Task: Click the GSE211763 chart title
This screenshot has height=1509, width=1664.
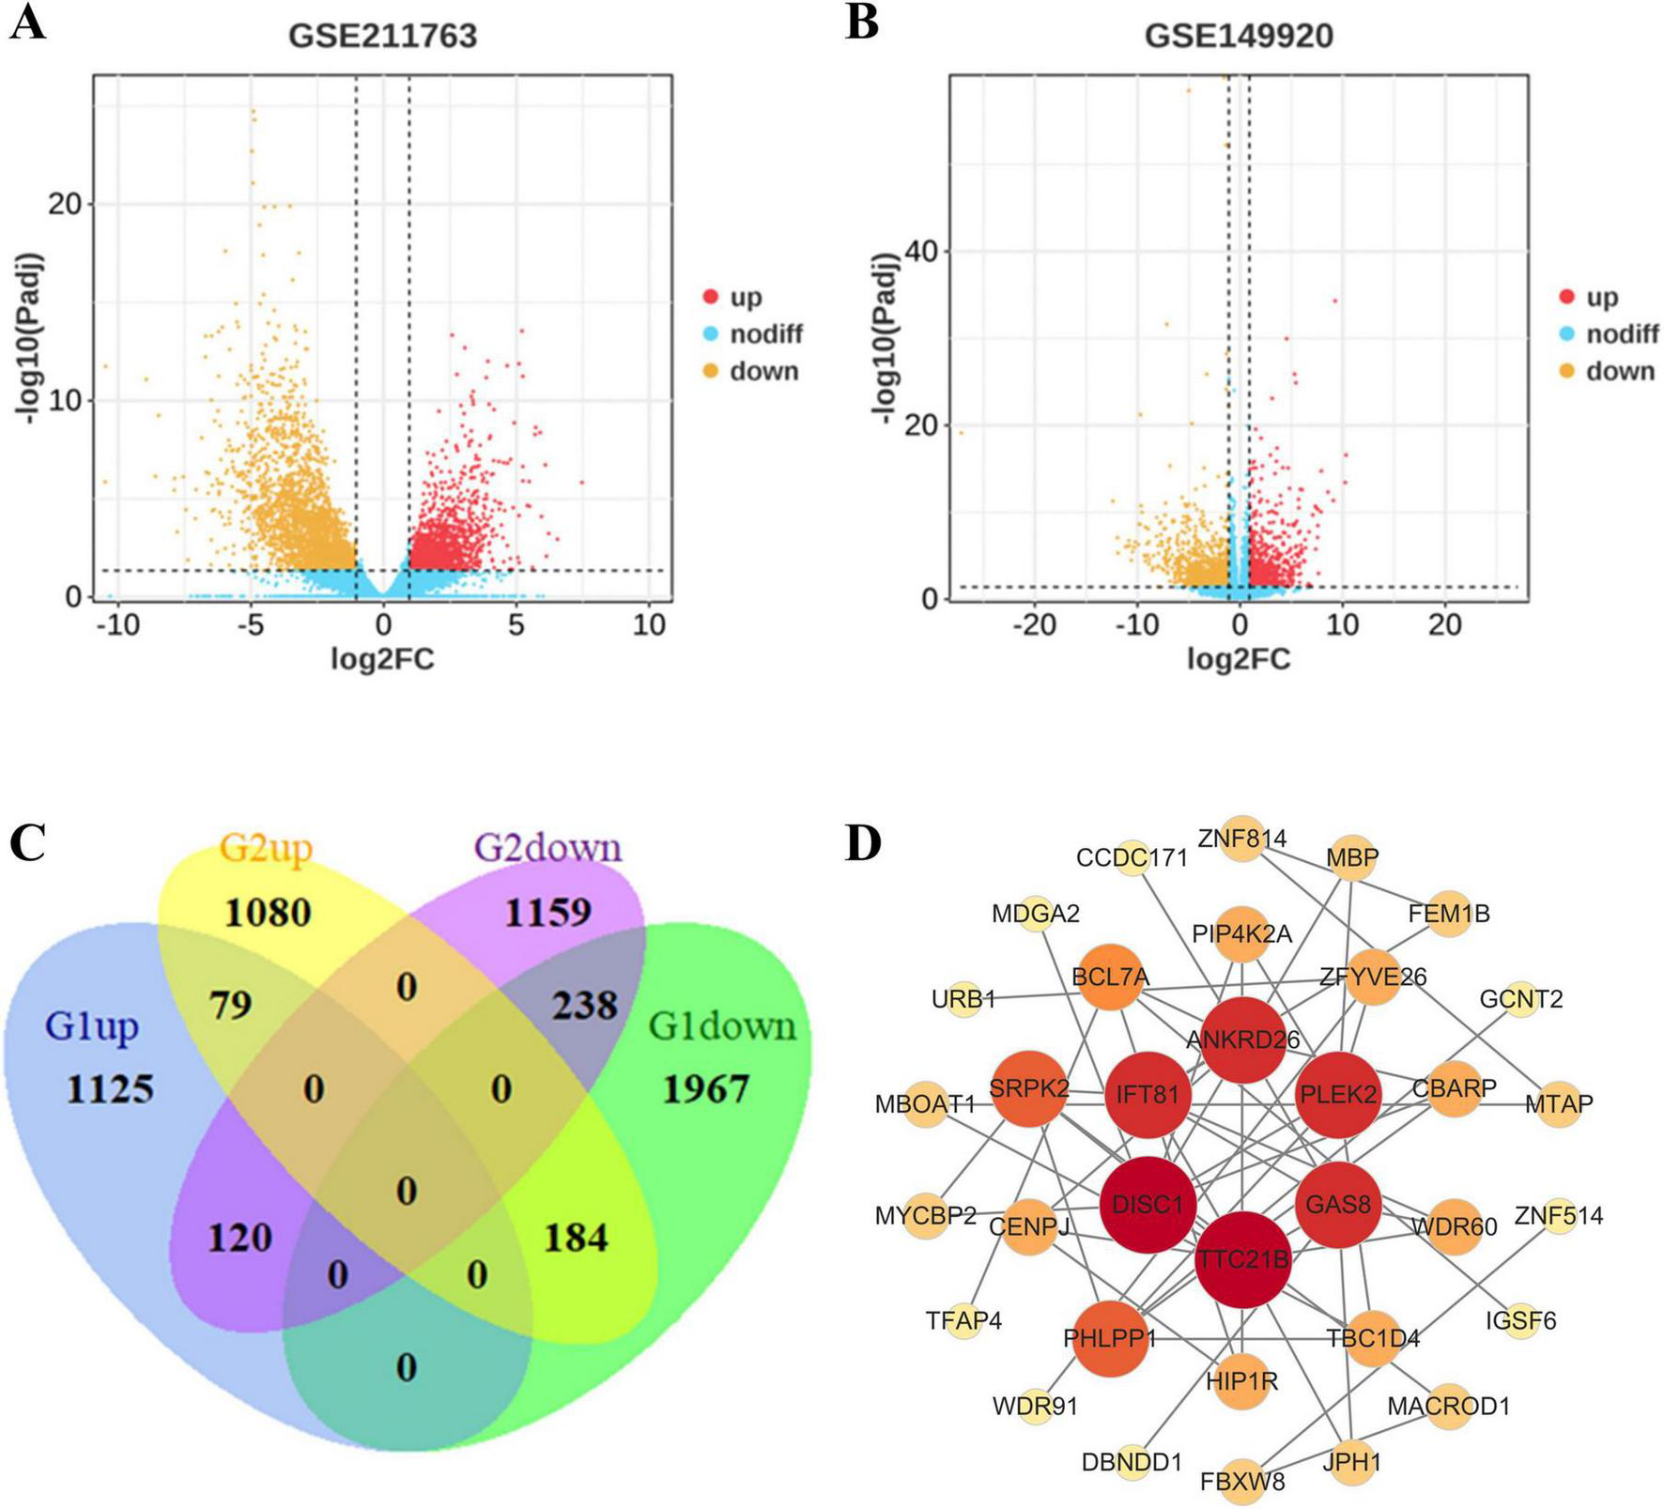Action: coord(382,36)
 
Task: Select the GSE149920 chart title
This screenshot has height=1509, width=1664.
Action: coord(1239,36)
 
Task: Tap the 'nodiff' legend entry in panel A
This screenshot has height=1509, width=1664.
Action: coord(765,334)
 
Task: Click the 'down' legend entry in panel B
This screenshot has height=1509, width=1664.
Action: coord(1620,372)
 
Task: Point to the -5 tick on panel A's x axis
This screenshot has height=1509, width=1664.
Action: coord(251,625)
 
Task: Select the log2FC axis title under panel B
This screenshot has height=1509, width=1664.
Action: coord(1239,659)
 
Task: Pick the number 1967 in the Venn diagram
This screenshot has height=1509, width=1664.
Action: coord(706,1089)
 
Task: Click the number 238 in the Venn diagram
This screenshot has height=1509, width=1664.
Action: coord(584,1006)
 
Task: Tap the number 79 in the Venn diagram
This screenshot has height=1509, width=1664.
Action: coord(231,1006)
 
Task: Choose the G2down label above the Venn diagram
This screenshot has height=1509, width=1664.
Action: coord(548,848)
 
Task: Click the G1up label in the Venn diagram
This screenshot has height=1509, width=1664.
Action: coord(91,1026)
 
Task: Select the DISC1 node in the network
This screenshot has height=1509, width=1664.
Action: coord(1148,1204)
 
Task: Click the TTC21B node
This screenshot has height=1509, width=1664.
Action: coord(1242,1259)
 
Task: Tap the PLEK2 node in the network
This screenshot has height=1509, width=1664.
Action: coord(1338,1095)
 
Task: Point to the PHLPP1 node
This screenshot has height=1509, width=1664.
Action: coord(1110,1337)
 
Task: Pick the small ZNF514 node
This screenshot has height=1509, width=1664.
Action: coord(1559,1217)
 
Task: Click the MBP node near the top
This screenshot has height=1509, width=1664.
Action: coord(1352,857)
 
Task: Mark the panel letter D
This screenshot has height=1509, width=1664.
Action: coord(864,844)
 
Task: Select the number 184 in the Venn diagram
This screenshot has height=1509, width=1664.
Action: coord(576,1238)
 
